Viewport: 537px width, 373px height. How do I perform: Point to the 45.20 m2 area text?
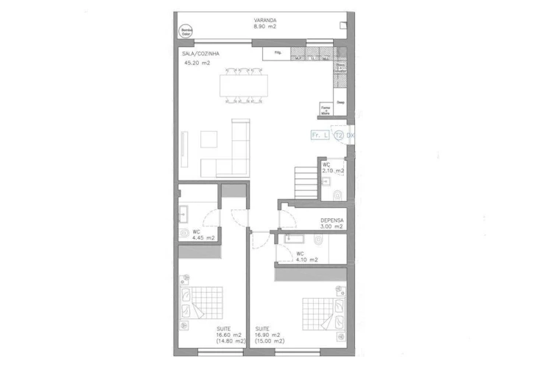(197, 63)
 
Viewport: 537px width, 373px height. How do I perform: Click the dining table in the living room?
(242, 85)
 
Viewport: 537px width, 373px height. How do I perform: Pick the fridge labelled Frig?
(277, 54)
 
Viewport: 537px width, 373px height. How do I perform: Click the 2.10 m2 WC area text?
(334, 171)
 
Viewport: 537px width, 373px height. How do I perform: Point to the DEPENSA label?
(331, 220)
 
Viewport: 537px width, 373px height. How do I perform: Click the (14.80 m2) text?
(231, 341)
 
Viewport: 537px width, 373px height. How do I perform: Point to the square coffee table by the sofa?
(209, 138)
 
